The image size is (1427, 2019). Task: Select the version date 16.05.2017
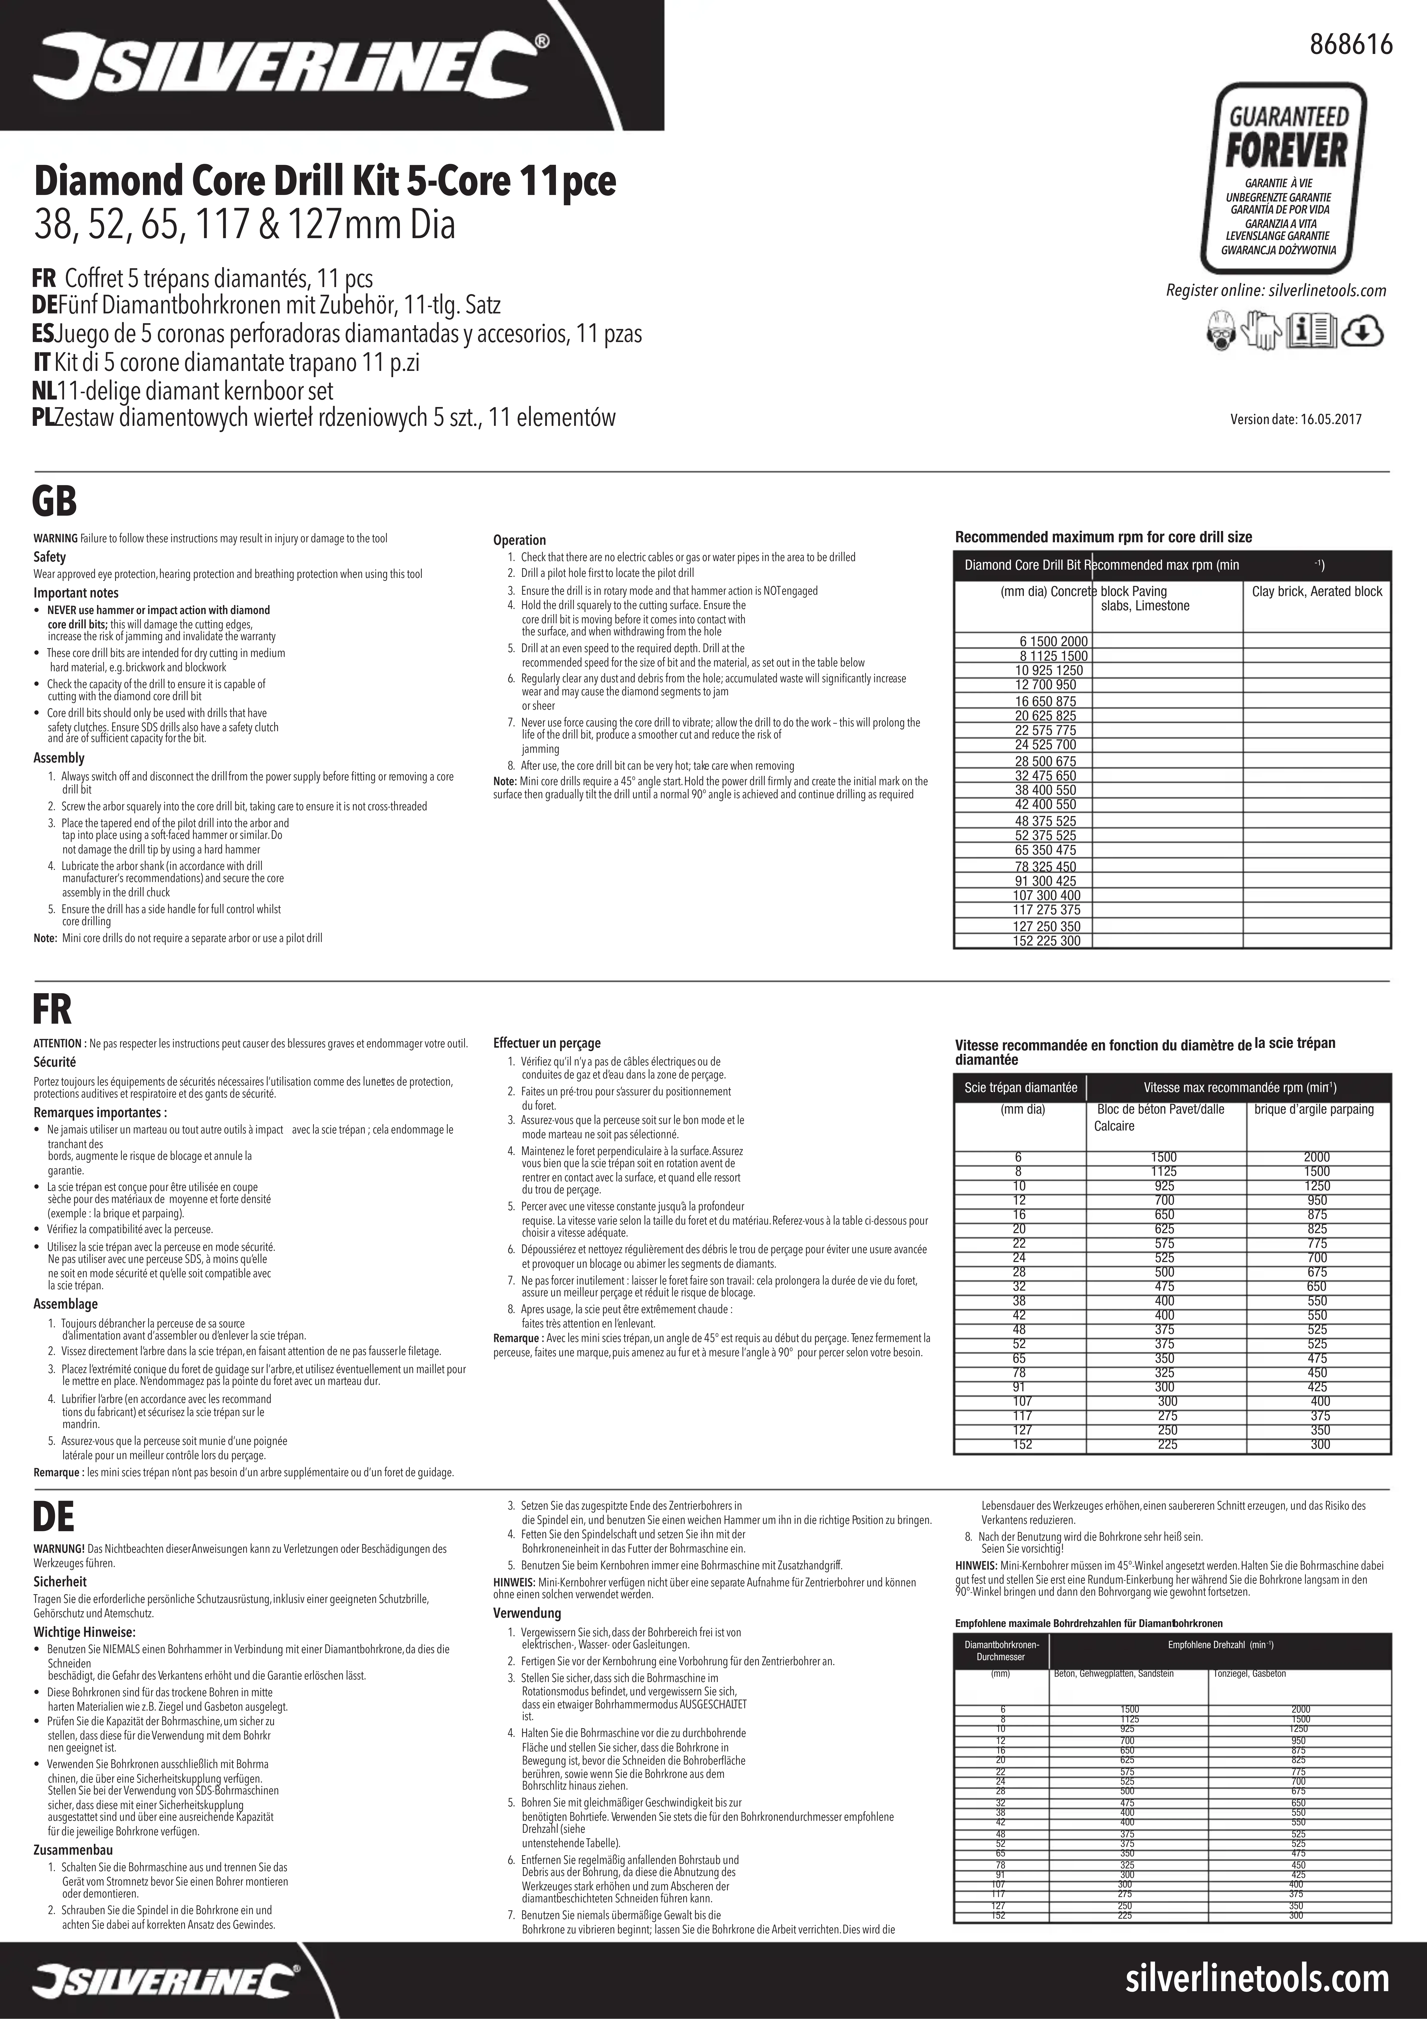pos(1296,420)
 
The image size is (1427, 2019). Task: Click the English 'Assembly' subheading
pos(59,758)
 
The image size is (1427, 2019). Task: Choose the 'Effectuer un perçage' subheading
pos(547,1043)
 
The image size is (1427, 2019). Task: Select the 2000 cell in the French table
pos(1316,1157)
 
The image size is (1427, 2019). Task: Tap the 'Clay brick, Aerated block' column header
pos(1316,592)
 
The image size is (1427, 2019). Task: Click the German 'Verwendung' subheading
pos(527,1613)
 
